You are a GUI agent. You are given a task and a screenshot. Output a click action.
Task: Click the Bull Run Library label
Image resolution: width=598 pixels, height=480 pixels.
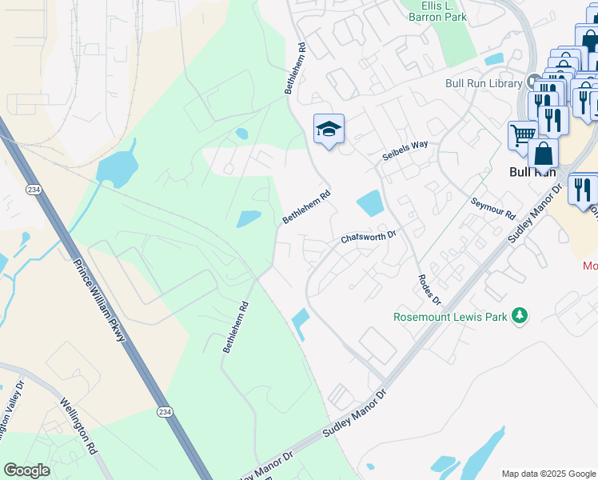pyautogui.click(x=484, y=83)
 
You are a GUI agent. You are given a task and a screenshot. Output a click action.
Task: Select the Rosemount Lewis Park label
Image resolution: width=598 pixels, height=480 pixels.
pyautogui.click(x=451, y=317)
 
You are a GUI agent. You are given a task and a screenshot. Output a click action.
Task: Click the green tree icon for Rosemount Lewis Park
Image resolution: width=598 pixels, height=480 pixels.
pyautogui.click(x=520, y=316)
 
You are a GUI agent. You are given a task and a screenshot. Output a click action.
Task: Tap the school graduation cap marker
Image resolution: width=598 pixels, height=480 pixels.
pyautogui.click(x=329, y=129)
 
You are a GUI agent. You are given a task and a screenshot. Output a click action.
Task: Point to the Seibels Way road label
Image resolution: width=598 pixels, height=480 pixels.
pyautogui.click(x=405, y=150)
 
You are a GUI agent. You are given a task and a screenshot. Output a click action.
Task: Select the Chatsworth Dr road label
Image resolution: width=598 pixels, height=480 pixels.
pyautogui.click(x=369, y=237)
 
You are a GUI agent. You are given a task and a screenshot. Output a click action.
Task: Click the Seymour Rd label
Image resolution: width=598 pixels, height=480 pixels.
pyautogui.click(x=492, y=209)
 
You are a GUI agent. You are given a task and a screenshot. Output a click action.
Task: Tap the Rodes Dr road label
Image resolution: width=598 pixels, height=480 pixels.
pyautogui.click(x=429, y=289)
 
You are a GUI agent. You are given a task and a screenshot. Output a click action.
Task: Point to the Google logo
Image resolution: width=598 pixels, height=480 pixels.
pyautogui.click(x=26, y=470)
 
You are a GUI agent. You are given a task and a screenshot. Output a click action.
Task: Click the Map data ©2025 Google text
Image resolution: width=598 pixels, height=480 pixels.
pyautogui.click(x=548, y=474)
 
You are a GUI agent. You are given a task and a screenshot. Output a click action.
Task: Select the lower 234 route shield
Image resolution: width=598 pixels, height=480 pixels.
pyautogui.click(x=164, y=411)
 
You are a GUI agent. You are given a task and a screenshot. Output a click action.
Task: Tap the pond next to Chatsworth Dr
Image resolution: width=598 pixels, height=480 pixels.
pyautogui.click(x=371, y=203)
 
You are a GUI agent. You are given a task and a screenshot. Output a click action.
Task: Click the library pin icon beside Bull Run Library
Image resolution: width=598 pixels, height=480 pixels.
pyautogui.click(x=534, y=82)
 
